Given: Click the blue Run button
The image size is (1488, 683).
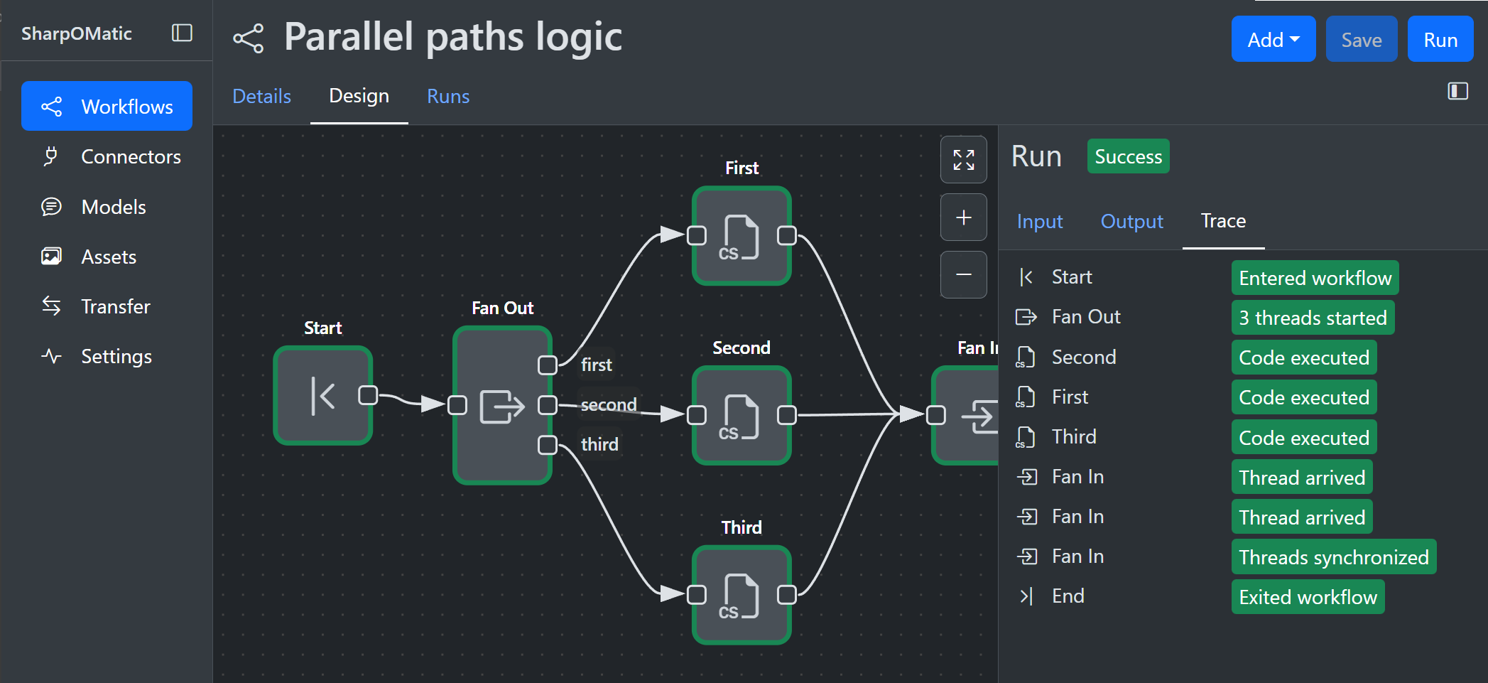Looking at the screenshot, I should coord(1440,40).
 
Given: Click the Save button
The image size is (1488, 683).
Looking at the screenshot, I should coord(1361,40).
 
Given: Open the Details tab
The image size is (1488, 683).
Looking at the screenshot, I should coord(261,96).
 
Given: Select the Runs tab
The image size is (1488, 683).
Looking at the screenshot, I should coord(447,96).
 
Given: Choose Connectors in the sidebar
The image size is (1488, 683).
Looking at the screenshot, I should coord(131,156).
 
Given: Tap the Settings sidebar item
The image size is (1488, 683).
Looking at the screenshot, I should coord(116,356).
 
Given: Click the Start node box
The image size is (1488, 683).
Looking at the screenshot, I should coord(323,396).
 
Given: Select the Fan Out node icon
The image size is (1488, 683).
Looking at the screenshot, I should coord(501,407).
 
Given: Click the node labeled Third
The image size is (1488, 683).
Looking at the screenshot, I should coord(741,595).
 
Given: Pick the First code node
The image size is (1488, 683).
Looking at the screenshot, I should coord(741,236).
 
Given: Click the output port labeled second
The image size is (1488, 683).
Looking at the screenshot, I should coord(547,405).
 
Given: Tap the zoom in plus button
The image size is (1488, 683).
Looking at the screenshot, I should coord(963,217).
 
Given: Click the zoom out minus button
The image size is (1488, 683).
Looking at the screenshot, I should coord(963,274).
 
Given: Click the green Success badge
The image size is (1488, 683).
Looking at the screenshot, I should coord(1127,156).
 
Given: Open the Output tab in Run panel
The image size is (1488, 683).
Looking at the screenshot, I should coord(1131,221).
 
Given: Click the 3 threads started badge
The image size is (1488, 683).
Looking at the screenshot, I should coord(1312,318).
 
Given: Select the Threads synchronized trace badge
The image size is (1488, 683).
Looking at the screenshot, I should coord(1333,557).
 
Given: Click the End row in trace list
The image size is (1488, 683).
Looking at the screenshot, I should coord(1068,596).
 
